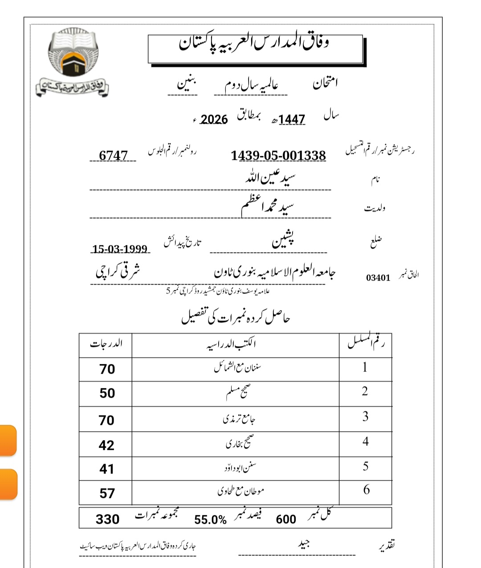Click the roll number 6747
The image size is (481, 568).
[x=113, y=155]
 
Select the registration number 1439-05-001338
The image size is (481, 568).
[x=278, y=155]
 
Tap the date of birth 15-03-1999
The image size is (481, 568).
[x=120, y=249]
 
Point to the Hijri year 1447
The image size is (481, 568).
[x=292, y=119]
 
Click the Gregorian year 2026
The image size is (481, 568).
[x=214, y=119]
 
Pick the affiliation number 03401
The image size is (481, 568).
[x=378, y=278]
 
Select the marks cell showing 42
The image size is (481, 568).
[x=106, y=445]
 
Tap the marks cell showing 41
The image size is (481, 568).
[x=106, y=469]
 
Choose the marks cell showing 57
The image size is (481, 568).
[x=107, y=493]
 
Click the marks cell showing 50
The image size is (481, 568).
[x=107, y=393]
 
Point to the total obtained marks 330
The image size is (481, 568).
[x=107, y=519]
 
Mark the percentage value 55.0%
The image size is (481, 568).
[x=210, y=519]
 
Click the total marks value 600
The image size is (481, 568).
[x=286, y=519]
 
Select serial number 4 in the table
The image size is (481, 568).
[x=365, y=441]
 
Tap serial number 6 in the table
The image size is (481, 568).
[x=366, y=490]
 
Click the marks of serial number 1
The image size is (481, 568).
[x=107, y=369]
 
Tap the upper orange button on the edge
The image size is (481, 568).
[x=8, y=440]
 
